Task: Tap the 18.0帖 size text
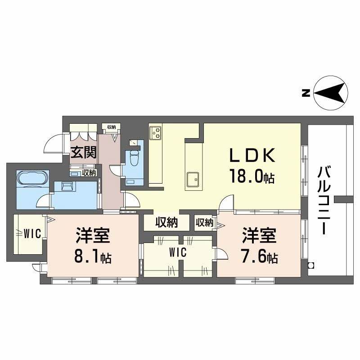pyautogui.click(x=252, y=176)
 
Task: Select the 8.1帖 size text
pyautogui.click(x=93, y=257)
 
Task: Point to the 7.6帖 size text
pyautogui.click(x=260, y=257)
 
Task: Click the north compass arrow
pyautogui.click(x=331, y=94)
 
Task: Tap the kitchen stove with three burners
pyautogui.click(x=156, y=132)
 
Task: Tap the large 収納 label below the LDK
pyautogui.click(x=166, y=222)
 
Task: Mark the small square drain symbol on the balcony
pyautogui.click(x=310, y=265)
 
